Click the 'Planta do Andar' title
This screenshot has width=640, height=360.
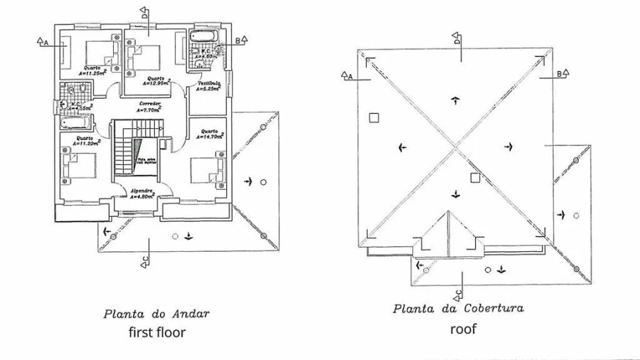[x=156, y=313]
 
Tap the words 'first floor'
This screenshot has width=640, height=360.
[x=157, y=332]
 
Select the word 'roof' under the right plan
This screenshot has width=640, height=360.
[x=463, y=329]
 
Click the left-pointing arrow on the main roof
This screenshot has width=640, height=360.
[x=402, y=147]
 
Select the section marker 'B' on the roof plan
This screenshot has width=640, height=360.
[x=560, y=73]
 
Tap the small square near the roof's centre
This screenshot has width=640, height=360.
[x=474, y=178]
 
